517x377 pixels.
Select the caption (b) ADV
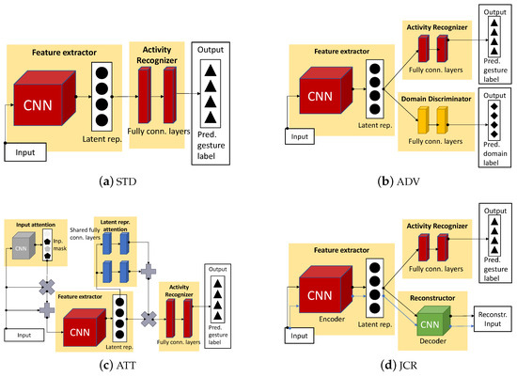(x=387, y=177)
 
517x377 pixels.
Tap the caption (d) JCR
(x=387, y=365)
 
